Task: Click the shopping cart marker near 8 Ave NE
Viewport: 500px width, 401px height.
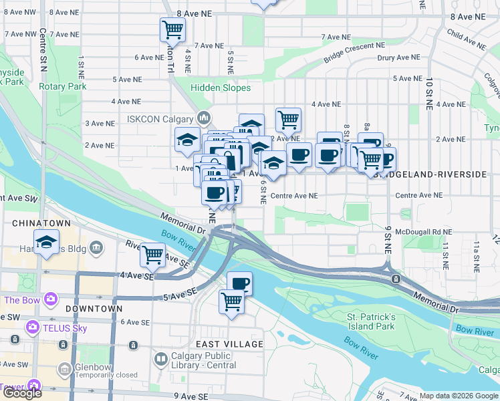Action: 172,29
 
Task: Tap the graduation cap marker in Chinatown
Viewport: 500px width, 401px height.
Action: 46,242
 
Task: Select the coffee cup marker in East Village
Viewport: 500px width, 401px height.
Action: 239,283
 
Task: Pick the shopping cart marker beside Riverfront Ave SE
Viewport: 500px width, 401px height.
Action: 153,254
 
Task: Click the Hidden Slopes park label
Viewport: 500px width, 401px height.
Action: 221,88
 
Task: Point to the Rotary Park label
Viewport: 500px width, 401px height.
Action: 63,86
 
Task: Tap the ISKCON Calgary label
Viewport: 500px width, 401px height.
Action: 159,119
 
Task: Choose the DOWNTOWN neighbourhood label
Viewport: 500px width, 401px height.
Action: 94,309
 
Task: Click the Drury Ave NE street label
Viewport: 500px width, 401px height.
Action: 398,57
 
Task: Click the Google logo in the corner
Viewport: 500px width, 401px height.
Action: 22,393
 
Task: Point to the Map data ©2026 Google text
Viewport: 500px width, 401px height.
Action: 458,396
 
